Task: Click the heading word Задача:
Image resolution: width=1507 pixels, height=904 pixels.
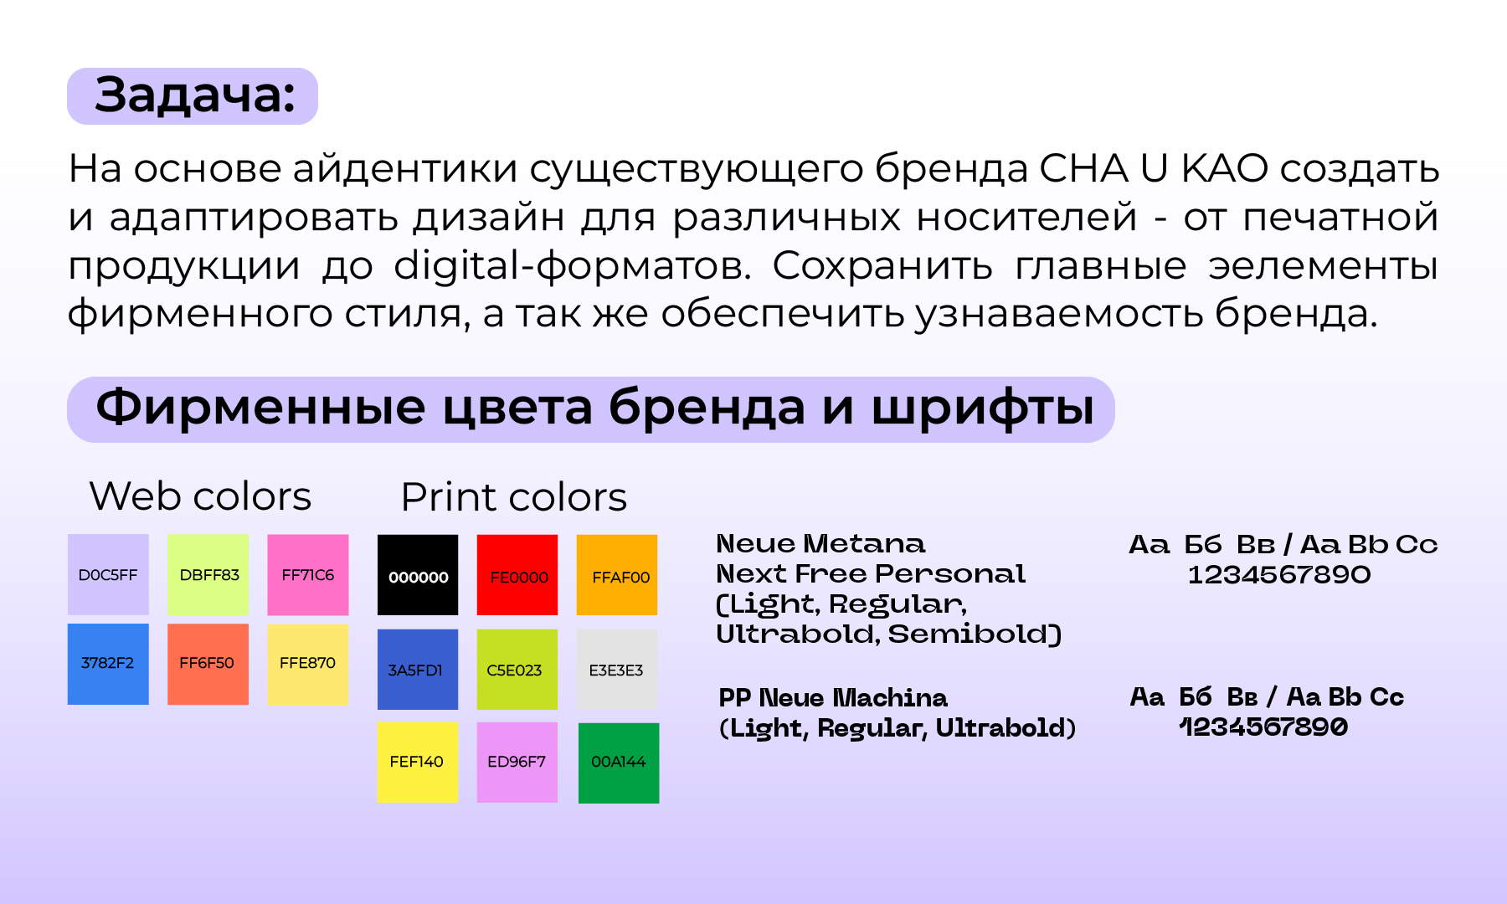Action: pos(193,95)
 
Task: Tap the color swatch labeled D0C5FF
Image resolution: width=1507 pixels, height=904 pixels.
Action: pos(108,575)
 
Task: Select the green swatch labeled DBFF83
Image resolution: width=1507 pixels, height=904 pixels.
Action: pos(208,575)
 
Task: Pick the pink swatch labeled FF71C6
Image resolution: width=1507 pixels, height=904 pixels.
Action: pos(308,575)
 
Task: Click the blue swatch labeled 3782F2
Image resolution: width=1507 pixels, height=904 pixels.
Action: pos(108,664)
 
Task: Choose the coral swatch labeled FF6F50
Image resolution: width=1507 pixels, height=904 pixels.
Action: pos(208,664)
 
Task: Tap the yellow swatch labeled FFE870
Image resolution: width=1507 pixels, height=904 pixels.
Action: pos(308,664)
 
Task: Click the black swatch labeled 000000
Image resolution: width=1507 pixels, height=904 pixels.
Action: pos(418,576)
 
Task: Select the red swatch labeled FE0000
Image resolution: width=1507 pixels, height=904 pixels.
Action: pos(517,576)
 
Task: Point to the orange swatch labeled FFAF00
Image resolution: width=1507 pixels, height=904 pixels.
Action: pos(618,576)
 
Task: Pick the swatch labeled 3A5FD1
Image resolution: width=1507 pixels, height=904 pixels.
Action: pos(418,670)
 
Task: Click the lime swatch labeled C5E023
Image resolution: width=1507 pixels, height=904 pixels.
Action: pos(517,670)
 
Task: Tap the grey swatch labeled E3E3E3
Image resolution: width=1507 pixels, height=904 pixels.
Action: pos(617,670)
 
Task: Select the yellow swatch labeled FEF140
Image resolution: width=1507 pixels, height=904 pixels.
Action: pos(418,763)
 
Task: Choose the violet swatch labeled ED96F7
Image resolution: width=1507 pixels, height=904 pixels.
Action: pos(517,763)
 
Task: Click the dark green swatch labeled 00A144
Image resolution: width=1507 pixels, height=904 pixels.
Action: pos(619,763)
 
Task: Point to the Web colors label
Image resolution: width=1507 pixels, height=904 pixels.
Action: pos(200,496)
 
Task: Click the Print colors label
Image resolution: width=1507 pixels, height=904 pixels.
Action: pos(513,497)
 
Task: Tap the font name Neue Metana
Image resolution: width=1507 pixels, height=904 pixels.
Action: pos(820,544)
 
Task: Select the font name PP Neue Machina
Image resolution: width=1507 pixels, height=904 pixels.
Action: pos(833,697)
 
